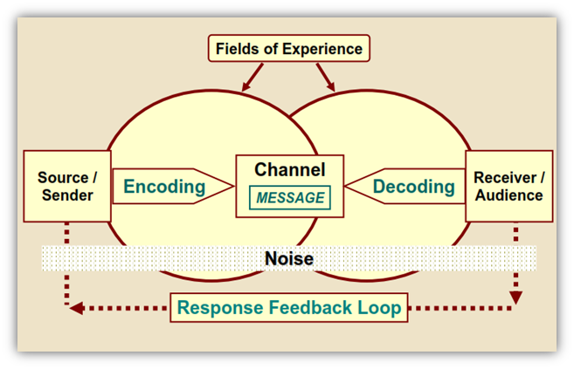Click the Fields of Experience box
point(289,49)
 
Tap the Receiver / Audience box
point(508,186)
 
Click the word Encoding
point(164,186)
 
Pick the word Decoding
point(413,186)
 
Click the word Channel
point(289,170)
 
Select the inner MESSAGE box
point(289,198)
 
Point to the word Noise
point(289,258)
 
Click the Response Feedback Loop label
point(289,307)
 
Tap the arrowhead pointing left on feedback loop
point(76,307)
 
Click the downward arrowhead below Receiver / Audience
point(515,297)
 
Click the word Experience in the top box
point(322,49)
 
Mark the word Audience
point(508,195)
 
